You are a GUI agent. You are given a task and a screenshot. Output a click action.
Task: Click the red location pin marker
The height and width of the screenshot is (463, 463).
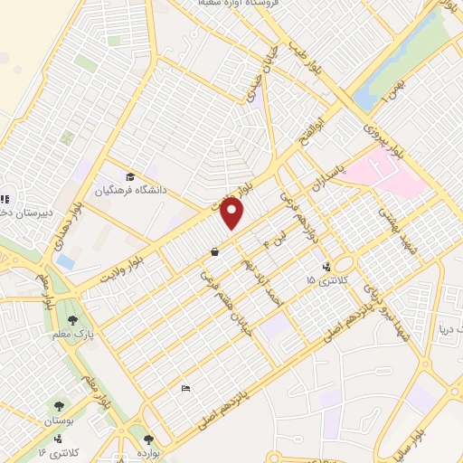(233, 213)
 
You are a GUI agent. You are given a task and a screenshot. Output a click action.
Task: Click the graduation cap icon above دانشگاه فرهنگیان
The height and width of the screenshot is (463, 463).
(132, 177)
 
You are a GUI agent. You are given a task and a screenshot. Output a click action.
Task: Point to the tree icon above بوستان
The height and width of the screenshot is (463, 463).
(61, 408)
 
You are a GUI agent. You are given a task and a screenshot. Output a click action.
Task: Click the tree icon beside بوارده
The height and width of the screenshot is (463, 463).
(136, 440)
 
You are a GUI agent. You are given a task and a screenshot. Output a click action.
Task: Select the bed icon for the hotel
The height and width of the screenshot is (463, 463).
(185, 389)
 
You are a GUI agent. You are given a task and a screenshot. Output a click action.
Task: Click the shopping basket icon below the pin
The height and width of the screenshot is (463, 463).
(213, 252)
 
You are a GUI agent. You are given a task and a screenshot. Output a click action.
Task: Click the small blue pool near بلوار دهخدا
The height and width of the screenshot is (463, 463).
(64, 261)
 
